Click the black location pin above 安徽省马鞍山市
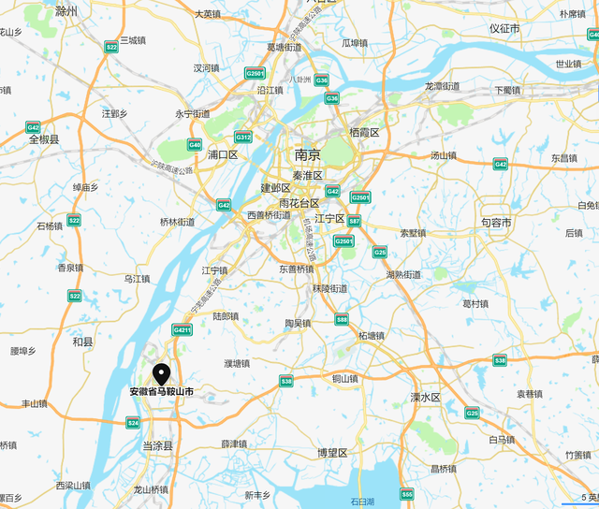click(x=162, y=373)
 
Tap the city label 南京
click(x=307, y=154)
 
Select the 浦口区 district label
click(x=225, y=154)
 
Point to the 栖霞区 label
click(x=363, y=133)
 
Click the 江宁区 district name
click(x=330, y=218)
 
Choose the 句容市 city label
click(x=496, y=223)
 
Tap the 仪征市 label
click(x=504, y=28)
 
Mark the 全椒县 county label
click(x=44, y=138)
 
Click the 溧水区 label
click(x=425, y=397)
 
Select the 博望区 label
click(x=332, y=453)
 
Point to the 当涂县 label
click(x=157, y=446)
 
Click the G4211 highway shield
click(x=182, y=329)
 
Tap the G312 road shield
click(x=242, y=137)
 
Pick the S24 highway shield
click(x=133, y=422)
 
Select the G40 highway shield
click(x=195, y=144)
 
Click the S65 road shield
click(x=406, y=494)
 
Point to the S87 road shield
click(x=354, y=221)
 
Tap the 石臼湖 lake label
click(x=362, y=502)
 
